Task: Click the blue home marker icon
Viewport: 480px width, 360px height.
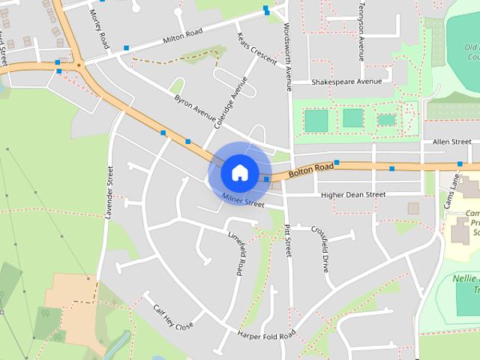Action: click(x=238, y=172)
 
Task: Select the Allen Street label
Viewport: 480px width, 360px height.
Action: click(x=451, y=141)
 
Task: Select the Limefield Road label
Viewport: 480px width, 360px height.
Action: click(x=238, y=251)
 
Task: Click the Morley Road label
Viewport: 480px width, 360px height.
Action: click(x=99, y=29)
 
